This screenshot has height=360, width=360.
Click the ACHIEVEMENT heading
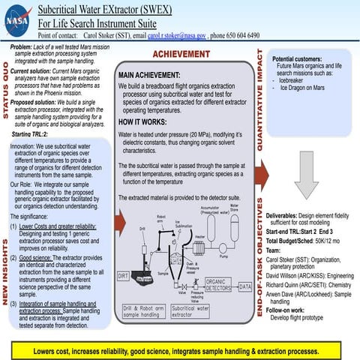181,54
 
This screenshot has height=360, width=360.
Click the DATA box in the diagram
244,286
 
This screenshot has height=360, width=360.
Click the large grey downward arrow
305,178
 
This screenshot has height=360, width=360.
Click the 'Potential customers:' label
298,58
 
